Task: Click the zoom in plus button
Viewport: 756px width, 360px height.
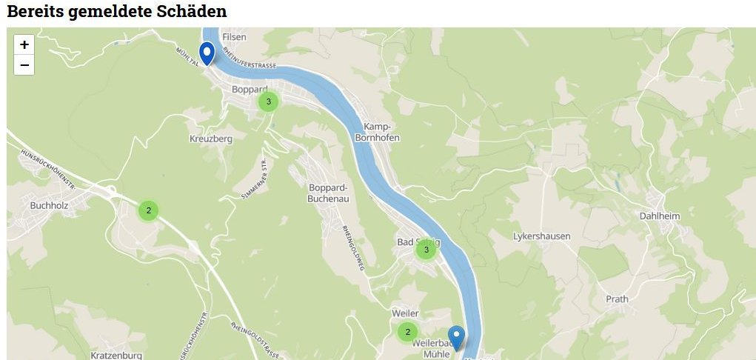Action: click(x=24, y=44)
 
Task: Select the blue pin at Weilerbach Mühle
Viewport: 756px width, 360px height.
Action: click(x=456, y=338)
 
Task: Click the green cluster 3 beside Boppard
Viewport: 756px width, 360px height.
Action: click(x=268, y=101)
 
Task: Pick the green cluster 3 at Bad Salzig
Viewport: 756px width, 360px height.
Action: click(x=426, y=250)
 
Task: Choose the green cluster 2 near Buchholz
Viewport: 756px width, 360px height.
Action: click(x=148, y=210)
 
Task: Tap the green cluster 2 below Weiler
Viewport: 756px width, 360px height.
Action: click(x=407, y=331)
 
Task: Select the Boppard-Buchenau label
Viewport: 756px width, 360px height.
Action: click(x=328, y=193)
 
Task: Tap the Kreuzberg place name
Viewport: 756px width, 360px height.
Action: click(x=211, y=139)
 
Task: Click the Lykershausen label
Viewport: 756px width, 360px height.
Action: click(x=541, y=236)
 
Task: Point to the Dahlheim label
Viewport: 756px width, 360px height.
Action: click(x=658, y=217)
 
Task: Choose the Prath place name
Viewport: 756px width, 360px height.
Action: click(x=617, y=299)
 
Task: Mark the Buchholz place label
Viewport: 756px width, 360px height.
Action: click(x=50, y=205)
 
